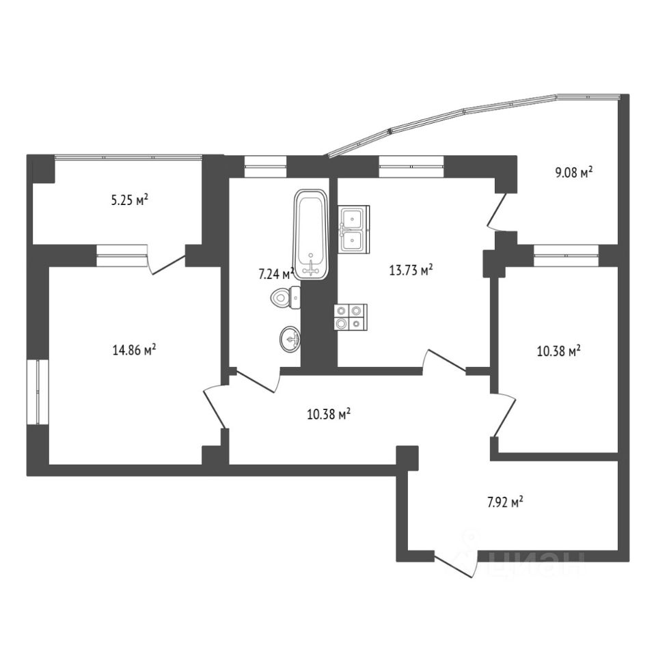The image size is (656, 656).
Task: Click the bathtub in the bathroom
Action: click(312, 234)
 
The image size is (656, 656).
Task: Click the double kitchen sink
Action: click(354, 230)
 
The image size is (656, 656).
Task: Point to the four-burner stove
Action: click(350, 317)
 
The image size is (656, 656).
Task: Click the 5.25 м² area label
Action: click(129, 201)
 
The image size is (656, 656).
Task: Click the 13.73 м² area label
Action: click(411, 271)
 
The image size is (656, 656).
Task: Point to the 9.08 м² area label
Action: click(573, 173)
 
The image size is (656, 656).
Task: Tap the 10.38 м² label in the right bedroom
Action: click(558, 352)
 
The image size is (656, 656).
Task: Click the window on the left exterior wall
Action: click(38, 391)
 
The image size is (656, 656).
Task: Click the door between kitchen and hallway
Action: click(444, 362)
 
